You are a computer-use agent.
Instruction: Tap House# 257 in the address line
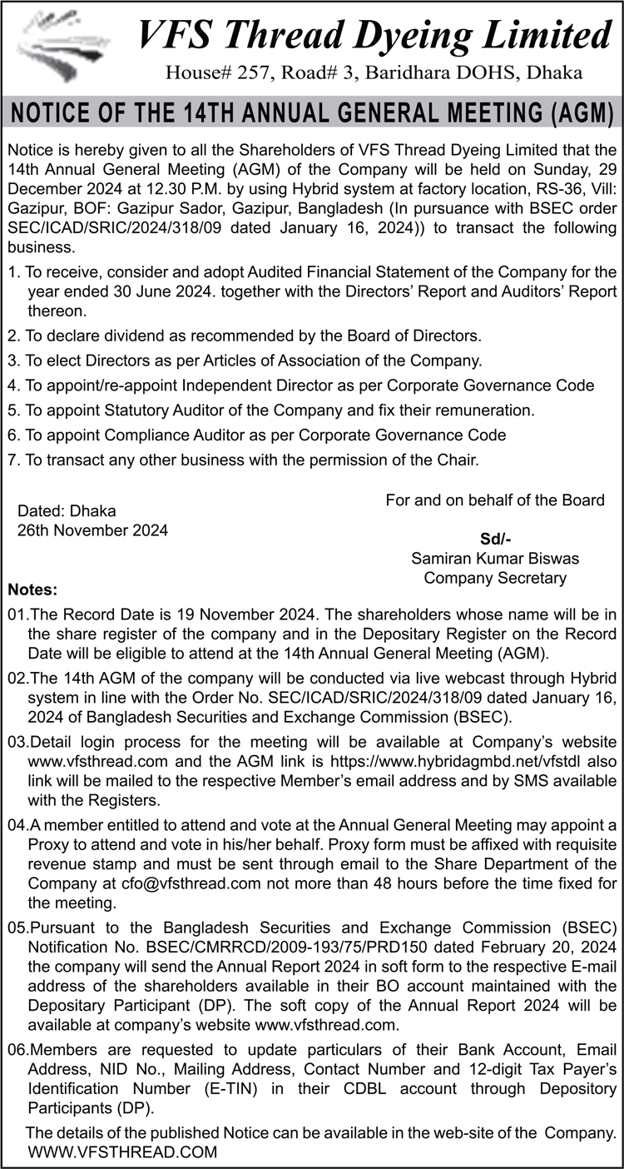(211, 73)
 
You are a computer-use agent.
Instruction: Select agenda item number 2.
(13, 336)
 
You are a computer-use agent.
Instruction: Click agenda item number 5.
(13, 410)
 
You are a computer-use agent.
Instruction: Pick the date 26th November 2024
(92, 530)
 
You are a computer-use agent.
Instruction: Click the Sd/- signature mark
(495, 539)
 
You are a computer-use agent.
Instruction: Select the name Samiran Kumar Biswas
(495, 558)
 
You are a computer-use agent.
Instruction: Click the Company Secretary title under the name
(495, 577)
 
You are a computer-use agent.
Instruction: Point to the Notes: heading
(32, 590)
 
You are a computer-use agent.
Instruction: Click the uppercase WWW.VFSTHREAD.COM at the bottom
(122, 1152)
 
